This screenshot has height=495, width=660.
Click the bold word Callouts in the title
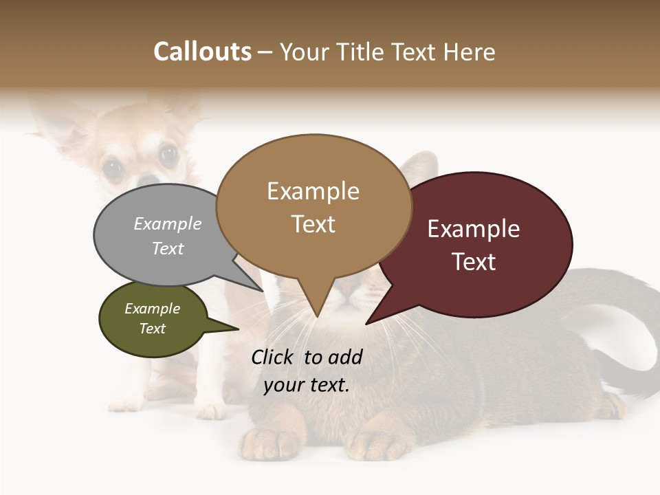pos(202,52)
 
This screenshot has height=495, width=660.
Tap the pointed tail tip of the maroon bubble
pos(367,323)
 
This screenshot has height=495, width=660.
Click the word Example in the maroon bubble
pos(474,229)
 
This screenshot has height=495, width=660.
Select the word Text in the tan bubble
pos(313,224)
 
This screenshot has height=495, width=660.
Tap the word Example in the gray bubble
pos(168,224)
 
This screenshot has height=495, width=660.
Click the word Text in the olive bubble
pos(153,329)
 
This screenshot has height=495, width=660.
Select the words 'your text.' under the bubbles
pos(307,385)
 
